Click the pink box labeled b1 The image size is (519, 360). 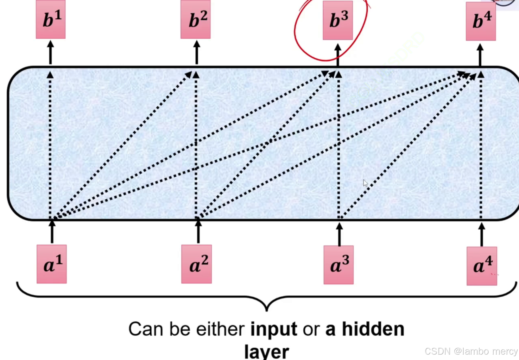pyautogui.click(x=51, y=20)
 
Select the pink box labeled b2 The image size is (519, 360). pyautogui.click(x=195, y=20)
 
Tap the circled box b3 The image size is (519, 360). pyautogui.click(x=338, y=20)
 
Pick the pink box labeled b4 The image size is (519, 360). pyautogui.click(x=481, y=21)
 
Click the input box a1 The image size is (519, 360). pyautogui.click(x=52, y=264)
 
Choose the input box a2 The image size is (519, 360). pyautogui.click(x=196, y=264)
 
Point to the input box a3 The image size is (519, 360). pyautogui.click(x=339, y=265)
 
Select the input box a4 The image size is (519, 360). pyautogui.click(x=482, y=266)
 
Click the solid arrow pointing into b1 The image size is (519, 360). pyautogui.click(x=50, y=52)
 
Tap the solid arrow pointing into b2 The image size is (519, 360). pyautogui.click(x=197, y=52)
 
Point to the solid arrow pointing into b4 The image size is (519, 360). pyautogui.click(x=480, y=54)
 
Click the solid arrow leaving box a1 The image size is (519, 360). pyautogui.click(x=52, y=232)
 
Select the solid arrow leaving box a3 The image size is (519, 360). pyautogui.click(x=339, y=234)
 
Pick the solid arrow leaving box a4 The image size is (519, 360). pyautogui.click(x=482, y=235)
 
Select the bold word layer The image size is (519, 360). pyautogui.click(x=267, y=351)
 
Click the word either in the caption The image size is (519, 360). pyautogui.click(x=220, y=329)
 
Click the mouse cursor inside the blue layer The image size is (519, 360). pyautogui.click(x=365, y=183)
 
